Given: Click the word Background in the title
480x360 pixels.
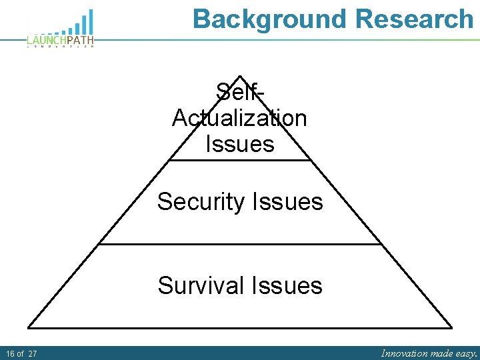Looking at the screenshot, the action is click(x=270, y=19).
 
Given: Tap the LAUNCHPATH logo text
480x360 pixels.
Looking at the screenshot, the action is click(x=61, y=41).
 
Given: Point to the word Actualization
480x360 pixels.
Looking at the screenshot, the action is click(x=239, y=118).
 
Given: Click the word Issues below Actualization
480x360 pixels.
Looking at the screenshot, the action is click(x=239, y=143).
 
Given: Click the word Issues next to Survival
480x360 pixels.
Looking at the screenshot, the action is click(x=287, y=285).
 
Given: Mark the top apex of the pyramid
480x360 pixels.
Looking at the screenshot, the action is click(x=240, y=76).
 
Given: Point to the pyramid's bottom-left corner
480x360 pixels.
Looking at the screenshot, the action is click(x=29, y=327).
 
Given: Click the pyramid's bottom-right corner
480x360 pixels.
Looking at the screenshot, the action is click(x=451, y=327).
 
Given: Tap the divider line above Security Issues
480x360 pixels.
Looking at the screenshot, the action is click(x=240, y=160).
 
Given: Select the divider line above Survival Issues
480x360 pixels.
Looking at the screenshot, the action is click(x=240, y=244).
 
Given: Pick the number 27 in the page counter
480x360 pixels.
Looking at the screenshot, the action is click(x=33, y=353).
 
